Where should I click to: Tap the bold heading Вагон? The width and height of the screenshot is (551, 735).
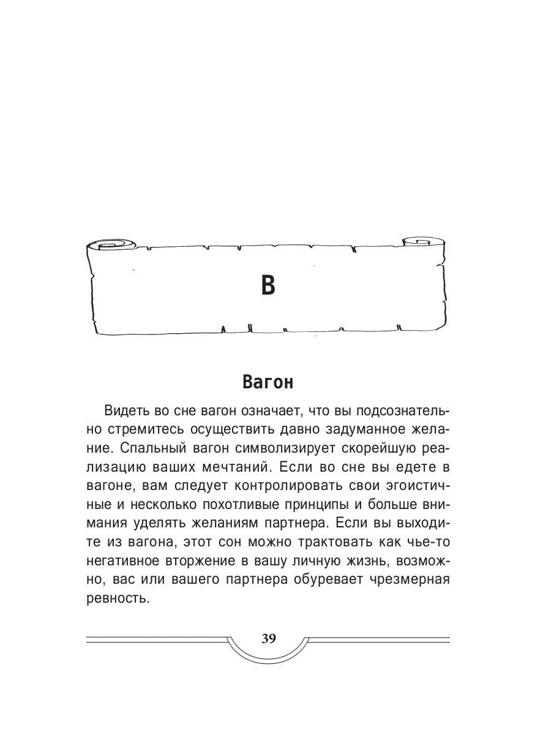point(268,382)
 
